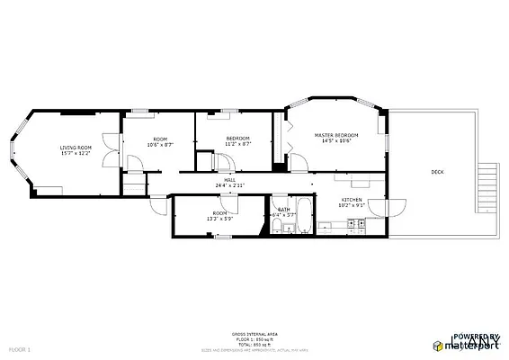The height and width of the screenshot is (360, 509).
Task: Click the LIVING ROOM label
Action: click(76, 148)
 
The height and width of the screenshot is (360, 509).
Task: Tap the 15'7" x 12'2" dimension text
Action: click(76, 154)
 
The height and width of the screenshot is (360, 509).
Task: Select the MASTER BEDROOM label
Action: click(335, 135)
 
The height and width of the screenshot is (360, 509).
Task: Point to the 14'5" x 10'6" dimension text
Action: click(335, 141)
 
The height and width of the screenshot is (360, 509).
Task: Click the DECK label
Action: click(437, 171)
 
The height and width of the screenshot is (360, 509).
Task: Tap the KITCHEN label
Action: click(351, 199)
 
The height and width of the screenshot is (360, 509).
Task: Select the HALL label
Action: click(230, 180)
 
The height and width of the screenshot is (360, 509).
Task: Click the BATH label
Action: click(284, 209)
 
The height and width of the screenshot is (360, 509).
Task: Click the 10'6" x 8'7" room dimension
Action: click(159, 144)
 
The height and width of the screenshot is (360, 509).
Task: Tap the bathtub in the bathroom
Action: click(303, 218)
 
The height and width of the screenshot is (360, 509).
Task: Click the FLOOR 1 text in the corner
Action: click(19, 348)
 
